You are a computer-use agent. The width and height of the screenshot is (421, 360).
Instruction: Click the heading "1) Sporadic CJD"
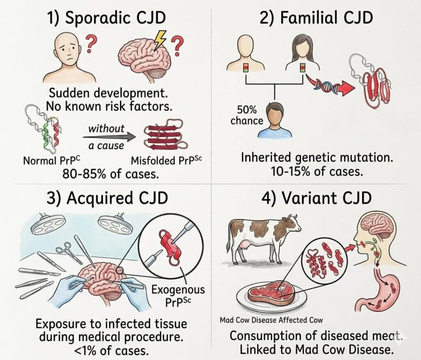(106, 18)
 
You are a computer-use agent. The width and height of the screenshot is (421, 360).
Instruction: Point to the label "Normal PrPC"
(52, 160)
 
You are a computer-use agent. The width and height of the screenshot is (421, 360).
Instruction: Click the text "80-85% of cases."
(110, 174)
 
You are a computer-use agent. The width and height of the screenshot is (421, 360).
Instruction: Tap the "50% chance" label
(247, 115)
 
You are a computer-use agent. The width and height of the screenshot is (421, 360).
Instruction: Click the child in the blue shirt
(275, 120)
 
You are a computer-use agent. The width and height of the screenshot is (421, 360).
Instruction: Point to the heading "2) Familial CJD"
(316, 18)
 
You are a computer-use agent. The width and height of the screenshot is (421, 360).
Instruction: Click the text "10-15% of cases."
(317, 172)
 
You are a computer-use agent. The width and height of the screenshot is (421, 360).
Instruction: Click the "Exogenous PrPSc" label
(178, 295)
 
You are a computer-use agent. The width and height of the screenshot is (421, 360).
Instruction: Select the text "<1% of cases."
(111, 350)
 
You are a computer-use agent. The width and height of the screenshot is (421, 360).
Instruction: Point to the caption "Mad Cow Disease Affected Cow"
(271, 320)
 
